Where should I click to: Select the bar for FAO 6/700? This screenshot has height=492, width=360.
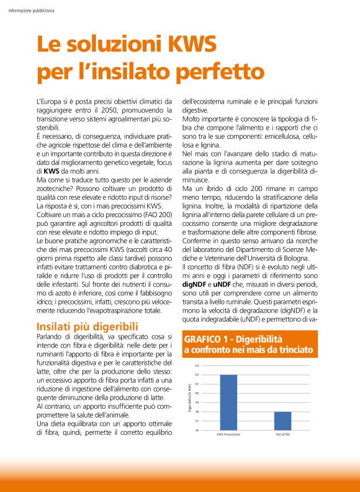[x=282, y=420]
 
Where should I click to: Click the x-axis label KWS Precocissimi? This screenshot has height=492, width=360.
[x=228, y=434]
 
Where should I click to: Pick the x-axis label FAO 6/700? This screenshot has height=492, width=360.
[x=282, y=434]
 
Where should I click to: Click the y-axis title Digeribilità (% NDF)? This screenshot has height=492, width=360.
[x=189, y=398]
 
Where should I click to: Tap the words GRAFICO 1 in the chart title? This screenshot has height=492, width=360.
[x=207, y=339]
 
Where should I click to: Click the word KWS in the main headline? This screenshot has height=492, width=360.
[x=185, y=44]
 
